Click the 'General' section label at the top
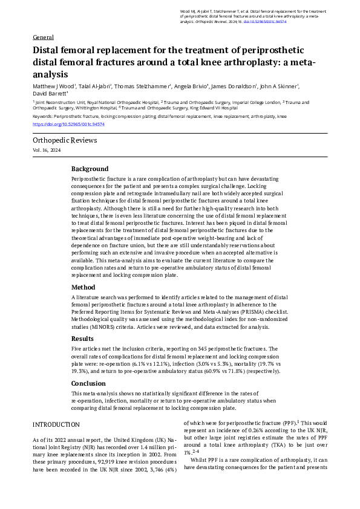click(42, 37)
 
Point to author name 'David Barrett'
click(50, 94)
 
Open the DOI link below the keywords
click(69, 124)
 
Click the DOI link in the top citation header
click(267, 21)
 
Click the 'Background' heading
click(90, 169)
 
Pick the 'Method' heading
click(83, 287)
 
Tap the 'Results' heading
click(83, 339)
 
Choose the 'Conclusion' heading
click(88, 383)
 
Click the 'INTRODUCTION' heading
click(56, 424)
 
